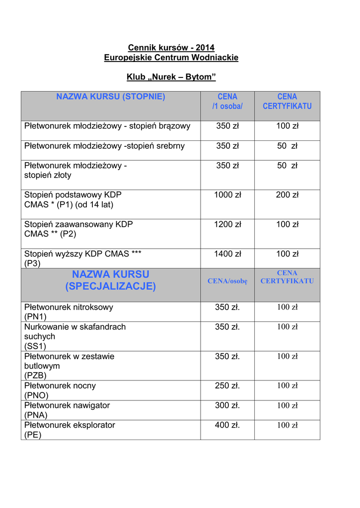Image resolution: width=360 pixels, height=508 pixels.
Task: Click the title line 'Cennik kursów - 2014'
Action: (x=171, y=48)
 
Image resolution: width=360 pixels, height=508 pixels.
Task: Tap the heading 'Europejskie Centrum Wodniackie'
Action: (x=171, y=58)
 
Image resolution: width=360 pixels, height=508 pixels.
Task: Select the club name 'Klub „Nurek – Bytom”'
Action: (x=171, y=77)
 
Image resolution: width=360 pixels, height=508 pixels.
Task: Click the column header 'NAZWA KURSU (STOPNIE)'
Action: (x=111, y=97)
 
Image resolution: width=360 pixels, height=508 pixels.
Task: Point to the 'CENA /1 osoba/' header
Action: (x=227, y=101)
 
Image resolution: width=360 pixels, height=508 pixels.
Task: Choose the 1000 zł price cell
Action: (x=227, y=195)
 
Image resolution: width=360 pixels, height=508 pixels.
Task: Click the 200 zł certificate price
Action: (x=287, y=195)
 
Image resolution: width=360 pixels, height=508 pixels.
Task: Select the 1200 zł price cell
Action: (x=227, y=224)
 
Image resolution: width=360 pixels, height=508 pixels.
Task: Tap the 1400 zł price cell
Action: (x=227, y=254)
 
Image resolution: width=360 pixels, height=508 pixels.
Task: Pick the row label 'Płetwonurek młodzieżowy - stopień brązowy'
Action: (x=107, y=126)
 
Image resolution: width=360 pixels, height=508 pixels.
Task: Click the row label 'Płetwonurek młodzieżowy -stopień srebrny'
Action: (x=104, y=146)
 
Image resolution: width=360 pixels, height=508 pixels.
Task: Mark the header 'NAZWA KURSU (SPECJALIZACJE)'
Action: (x=111, y=280)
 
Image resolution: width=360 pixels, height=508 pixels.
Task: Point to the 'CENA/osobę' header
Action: (x=227, y=281)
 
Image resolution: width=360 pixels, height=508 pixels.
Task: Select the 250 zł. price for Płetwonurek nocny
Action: (x=227, y=385)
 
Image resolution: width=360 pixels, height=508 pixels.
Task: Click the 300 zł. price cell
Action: (x=227, y=405)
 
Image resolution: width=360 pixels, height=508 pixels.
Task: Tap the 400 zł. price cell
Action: (x=227, y=425)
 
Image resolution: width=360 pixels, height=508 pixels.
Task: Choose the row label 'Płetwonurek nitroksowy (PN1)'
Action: (x=69, y=312)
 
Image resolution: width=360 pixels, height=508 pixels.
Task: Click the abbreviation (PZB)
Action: (x=35, y=376)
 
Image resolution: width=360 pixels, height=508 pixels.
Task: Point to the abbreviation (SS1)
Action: (x=35, y=346)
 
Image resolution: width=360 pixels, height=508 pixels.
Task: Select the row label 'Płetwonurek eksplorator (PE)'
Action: (x=70, y=430)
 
